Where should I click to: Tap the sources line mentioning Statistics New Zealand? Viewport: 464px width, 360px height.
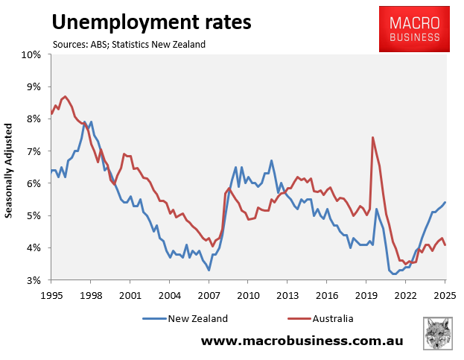pos(129,44)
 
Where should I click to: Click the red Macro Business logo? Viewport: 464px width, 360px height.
pos(415,28)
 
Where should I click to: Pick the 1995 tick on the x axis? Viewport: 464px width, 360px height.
pos(51,294)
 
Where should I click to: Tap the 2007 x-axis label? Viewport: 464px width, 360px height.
pos(209,294)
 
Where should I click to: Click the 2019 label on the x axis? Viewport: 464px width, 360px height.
pos(366,294)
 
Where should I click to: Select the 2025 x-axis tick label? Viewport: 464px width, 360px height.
pos(445,294)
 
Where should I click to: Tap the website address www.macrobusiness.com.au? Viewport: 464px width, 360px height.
pos(302,341)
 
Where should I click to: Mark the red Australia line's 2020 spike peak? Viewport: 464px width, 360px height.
pos(372,137)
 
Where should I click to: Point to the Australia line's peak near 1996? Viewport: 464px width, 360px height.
pos(65,96)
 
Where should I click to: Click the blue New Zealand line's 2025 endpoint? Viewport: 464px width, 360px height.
pos(445,202)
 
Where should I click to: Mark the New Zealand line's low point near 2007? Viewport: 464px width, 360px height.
pos(209,270)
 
